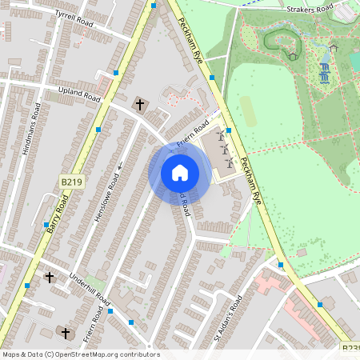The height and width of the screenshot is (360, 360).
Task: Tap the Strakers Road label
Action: (310, 10)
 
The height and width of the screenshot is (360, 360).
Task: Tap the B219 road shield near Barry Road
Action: (71, 183)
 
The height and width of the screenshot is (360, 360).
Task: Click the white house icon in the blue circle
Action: (180, 172)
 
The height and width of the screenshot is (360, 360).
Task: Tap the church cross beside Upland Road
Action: (140, 104)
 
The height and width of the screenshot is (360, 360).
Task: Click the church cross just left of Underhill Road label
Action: (50, 278)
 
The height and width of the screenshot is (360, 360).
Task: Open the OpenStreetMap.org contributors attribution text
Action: (81, 354)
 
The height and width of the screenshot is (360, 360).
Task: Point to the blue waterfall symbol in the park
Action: (325, 74)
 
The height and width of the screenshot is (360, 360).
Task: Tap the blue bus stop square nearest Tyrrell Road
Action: (153, 6)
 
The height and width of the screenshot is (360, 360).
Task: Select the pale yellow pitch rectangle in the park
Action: (249, 112)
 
